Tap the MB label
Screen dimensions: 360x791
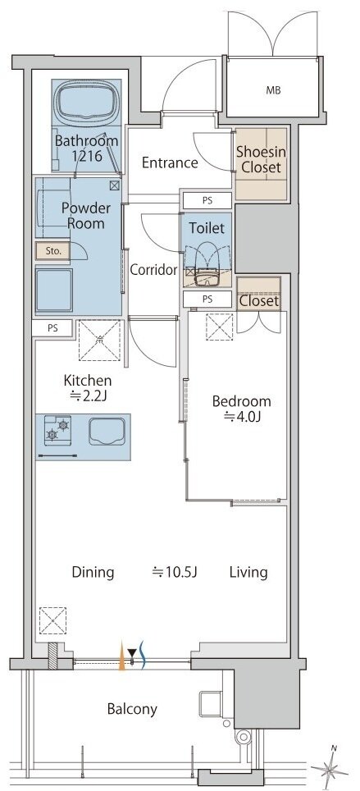[x=273, y=91]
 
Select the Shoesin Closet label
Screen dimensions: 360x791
[x=261, y=159]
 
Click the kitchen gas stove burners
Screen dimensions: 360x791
[x=57, y=429]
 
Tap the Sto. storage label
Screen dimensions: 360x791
[x=52, y=251]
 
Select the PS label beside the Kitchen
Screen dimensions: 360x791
[x=52, y=328]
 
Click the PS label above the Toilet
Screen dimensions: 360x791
[x=207, y=200]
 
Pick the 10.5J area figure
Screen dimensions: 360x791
[x=175, y=572]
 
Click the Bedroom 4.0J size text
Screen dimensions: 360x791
[x=242, y=417]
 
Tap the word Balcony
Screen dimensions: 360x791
[x=132, y=709]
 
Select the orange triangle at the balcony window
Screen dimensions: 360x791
[x=121, y=656]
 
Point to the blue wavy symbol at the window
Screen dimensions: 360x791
[x=142, y=655]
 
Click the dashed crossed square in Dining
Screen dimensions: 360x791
[x=52, y=620]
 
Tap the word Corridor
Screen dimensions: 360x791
[x=154, y=270]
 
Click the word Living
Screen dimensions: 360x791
[x=248, y=572]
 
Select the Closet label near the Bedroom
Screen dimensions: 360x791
[x=259, y=301]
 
